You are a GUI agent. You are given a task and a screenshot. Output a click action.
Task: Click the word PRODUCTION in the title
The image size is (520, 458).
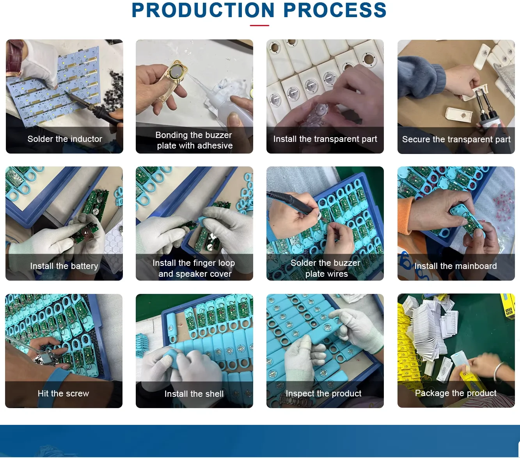click(x=203, y=10)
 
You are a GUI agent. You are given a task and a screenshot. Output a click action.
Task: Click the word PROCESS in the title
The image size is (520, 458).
click(x=335, y=10)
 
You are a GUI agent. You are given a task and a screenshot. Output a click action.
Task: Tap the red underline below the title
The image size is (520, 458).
click(x=259, y=25)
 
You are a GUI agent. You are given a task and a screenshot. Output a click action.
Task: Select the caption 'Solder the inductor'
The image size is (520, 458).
click(x=65, y=139)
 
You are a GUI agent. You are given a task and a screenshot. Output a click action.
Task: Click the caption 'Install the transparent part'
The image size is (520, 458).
click(x=325, y=139)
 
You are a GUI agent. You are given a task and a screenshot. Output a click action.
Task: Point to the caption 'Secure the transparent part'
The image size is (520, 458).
click(x=456, y=139)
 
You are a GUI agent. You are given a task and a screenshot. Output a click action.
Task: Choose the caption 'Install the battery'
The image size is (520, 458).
click(x=64, y=266)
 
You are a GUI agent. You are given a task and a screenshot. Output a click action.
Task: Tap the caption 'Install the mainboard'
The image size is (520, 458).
click(x=456, y=266)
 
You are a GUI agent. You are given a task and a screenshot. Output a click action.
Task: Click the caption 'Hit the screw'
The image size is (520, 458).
click(x=64, y=393)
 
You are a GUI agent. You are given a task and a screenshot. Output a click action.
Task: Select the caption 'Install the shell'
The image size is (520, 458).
click(x=194, y=394)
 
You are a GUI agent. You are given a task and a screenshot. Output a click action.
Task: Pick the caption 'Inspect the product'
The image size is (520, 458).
click(x=324, y=393)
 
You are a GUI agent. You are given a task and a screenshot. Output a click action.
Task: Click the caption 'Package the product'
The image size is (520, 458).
click(x=456, y=393)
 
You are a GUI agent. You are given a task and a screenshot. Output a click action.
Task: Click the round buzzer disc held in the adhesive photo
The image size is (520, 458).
click(x=176, y=71)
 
